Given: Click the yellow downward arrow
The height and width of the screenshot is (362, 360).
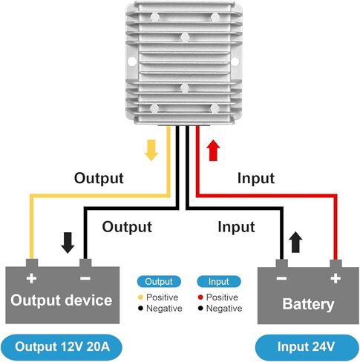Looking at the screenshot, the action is click(x=151, y=150).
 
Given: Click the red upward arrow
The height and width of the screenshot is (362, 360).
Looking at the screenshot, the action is click(x=213, y=150).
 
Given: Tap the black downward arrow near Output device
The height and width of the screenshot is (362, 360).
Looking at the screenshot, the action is click(x=68, y=243).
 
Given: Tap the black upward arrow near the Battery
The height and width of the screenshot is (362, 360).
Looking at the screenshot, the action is click(x=295, y=242).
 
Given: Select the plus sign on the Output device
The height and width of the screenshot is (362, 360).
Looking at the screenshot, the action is click(x=32, y=278).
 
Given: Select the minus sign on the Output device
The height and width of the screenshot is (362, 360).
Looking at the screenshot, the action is click(x=85, y=278).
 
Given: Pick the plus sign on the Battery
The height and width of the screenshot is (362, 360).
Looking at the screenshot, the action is click(x=336, y=278).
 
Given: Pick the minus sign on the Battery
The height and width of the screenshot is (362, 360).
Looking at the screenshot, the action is click(x=281, y=279).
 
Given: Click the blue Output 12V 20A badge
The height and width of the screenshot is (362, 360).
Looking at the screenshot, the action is click(x=62, y=346).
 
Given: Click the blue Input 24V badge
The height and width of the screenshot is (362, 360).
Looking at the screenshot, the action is click(x=307, y=346).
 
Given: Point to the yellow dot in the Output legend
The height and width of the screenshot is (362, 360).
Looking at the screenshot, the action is click(x=140, y=297).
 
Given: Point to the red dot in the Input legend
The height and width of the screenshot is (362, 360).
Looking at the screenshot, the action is click(x=200, y=297).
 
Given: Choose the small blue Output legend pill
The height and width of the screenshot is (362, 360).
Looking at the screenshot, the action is click(x=159, y=281).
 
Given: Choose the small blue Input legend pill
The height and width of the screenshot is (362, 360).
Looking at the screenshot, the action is click(x=219, y=281).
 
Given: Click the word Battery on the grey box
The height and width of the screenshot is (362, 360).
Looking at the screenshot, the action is click(x=308, y=304).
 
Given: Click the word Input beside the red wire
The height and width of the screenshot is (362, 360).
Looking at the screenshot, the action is click(x=256, y=178).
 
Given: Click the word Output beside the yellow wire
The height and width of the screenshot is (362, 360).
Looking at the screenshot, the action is click(x=99, y=178).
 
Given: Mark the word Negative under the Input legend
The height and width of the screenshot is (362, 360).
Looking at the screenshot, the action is click(x=224, y=309).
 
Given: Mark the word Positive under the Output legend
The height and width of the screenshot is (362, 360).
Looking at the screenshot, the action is click(x=163, y=297).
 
